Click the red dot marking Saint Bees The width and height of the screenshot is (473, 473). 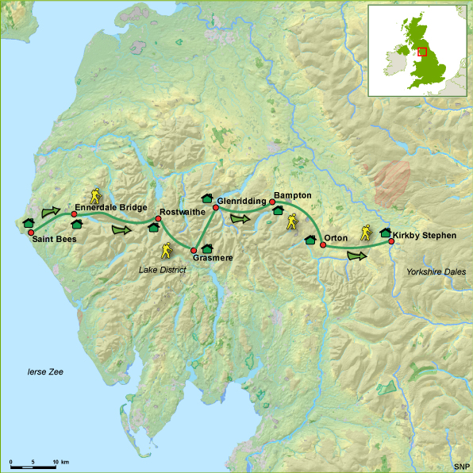pos(31,233)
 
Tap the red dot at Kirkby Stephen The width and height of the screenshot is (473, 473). pos(390,242)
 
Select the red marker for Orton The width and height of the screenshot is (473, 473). pos(323,245)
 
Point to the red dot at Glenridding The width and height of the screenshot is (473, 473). pos(216,208)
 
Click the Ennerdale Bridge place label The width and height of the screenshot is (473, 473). pos(110,207)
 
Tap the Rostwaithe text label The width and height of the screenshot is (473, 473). pos(183,213)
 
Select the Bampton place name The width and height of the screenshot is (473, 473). pos(292,194)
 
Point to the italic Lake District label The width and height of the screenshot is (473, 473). pos(162,270)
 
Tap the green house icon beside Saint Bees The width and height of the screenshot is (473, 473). pos(27,223)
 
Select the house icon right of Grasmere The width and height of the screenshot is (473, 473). pos(206,248)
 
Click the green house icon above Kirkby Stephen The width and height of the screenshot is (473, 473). pos(386,233)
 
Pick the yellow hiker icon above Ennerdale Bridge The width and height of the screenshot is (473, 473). pos(96,194)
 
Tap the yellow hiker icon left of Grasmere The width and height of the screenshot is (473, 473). pos(167,250)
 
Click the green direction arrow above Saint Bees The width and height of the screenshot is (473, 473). pos(50,212)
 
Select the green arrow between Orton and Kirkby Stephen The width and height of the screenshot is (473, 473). pos(357,256)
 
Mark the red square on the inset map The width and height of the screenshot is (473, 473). pos(422,52)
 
